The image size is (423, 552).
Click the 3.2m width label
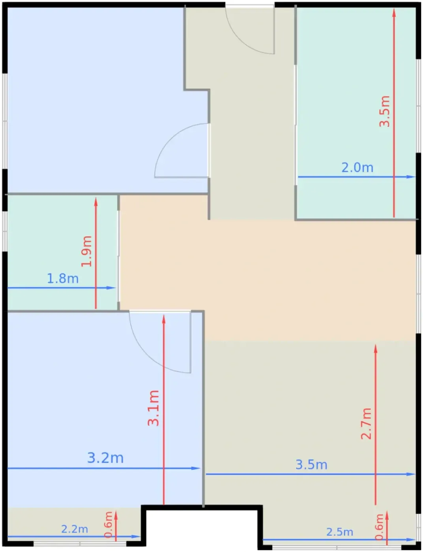105,458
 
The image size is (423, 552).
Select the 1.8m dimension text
63,279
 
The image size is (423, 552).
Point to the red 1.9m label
86,252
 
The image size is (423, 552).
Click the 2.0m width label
357,168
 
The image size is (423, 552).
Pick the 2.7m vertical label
366,424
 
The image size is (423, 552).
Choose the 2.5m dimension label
340,532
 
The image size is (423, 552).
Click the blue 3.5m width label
311,465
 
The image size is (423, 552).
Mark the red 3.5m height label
384,111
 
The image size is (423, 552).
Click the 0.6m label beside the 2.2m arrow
108,524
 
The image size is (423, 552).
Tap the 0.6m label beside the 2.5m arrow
379,527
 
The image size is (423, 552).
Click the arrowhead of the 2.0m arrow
411,177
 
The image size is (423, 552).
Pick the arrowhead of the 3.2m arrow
196,468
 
